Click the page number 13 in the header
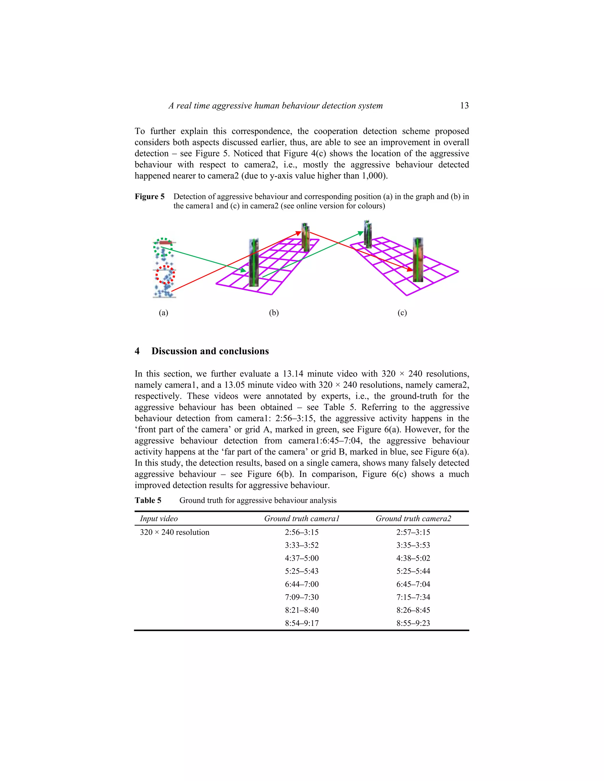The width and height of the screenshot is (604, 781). click(464, 106)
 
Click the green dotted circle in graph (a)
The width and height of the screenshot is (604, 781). click(163, 247)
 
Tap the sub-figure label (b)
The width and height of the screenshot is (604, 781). click(274, 313)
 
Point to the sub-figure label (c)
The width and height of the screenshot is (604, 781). click(402, 313)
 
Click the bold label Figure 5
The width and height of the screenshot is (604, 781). click(150, 197)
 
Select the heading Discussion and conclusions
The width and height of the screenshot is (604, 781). click(210, 351)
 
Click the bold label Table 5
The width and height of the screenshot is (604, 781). click(148, 500)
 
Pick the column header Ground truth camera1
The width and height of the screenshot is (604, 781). click(302, 518)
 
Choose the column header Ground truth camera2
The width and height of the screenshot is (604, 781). click(413, 518)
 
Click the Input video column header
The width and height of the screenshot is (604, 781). click(158, 518)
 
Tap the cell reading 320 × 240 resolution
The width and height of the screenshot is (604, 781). click(175, 532)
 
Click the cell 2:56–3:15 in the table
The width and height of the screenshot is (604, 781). click(302, 532)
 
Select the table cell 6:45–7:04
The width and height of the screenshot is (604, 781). click(413, 584)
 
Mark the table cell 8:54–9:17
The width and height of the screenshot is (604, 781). click(302, 623)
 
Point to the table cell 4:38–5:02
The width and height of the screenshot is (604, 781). click(413, 558)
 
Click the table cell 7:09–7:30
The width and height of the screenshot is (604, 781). click(302, 597)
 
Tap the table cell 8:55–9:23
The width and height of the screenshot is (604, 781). click(413, 623)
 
